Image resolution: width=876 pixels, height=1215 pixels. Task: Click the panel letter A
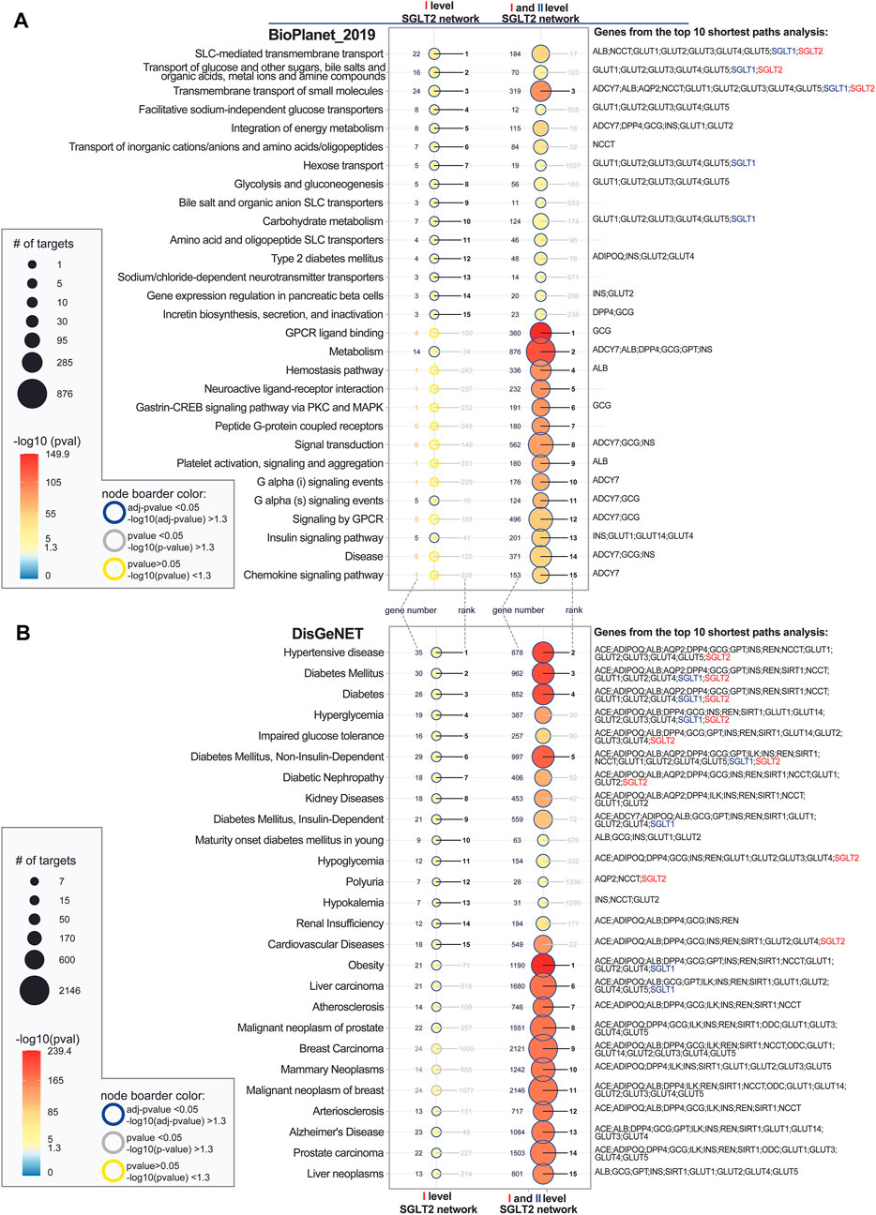pos(21,21)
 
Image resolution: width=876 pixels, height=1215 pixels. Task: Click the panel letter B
pos(21,635)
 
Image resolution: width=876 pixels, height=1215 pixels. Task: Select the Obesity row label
pos(365,966)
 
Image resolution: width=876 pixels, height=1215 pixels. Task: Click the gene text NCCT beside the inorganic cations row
pos(603,145)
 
